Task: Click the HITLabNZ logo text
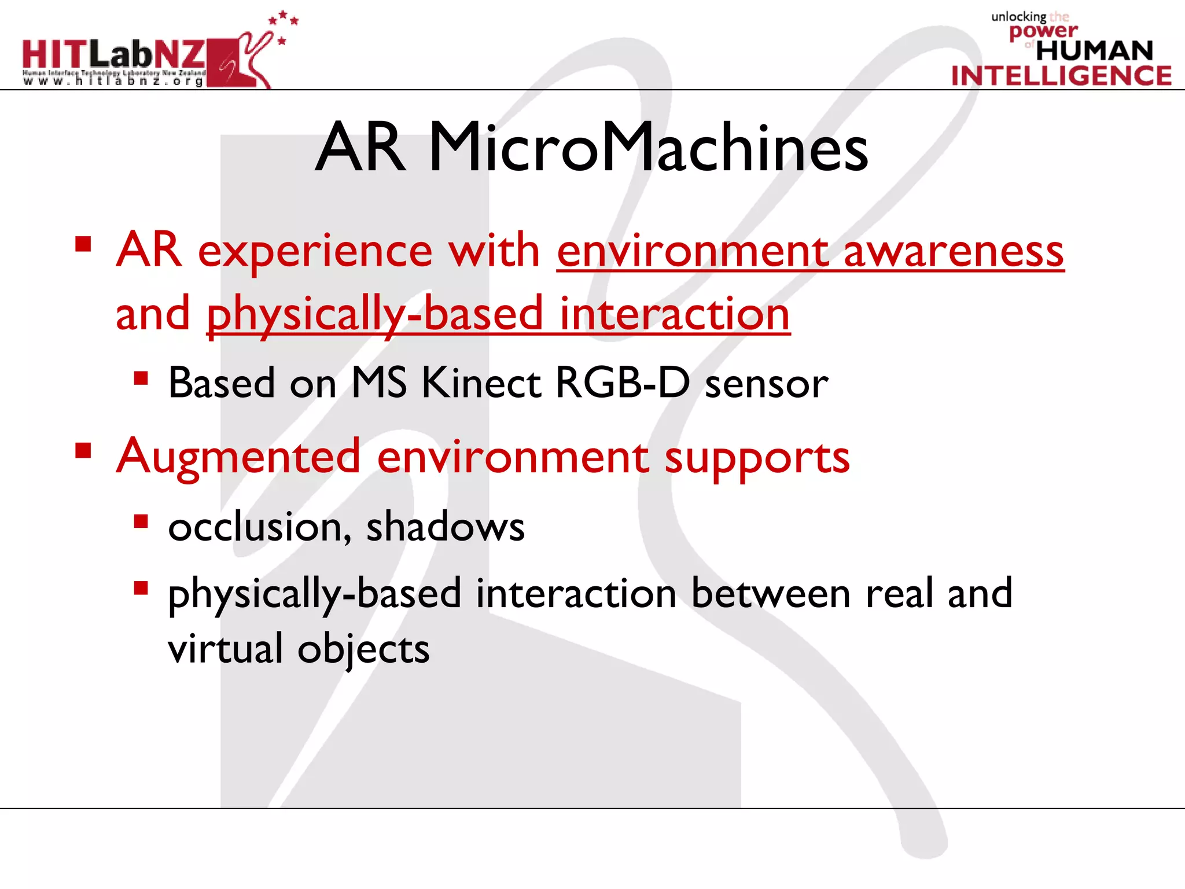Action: pos(113,54)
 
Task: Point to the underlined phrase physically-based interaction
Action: pos(498,314)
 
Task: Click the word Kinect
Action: pos(480,383)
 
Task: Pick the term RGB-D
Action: pos(622,383)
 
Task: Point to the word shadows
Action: pos(446,527)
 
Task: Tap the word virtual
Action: pos(225,649)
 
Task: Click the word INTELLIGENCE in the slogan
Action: pos(1061,76)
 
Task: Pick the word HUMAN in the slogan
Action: pos(1094,51)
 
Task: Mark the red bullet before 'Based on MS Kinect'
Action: pos(141,379)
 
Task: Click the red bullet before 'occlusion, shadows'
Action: pos(141,522)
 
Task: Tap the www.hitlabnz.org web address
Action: pos(113,82)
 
